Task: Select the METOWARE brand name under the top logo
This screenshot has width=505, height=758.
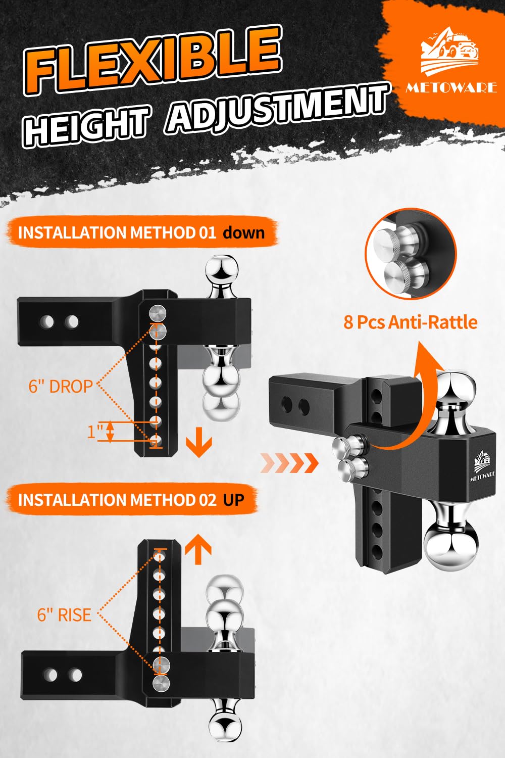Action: (x=451, y=87)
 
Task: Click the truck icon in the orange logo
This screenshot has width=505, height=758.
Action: (x=450, y=51)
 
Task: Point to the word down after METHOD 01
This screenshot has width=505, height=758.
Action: (x=243, y=233)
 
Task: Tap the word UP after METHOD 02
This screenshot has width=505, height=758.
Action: (x=233, y=500)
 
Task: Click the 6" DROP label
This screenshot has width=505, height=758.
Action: (x=61, y=386)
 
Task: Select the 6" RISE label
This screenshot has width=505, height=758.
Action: (x=64, y=614)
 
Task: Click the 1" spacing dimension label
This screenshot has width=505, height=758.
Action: (x=95, y=432)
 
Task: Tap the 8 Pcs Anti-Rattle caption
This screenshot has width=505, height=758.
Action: (x=410, y=322)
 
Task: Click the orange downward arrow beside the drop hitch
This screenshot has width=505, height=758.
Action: (x=199, y=442)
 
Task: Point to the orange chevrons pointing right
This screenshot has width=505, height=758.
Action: (x=289, y=462)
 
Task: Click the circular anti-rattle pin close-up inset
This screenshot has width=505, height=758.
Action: (x=411, y=254)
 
